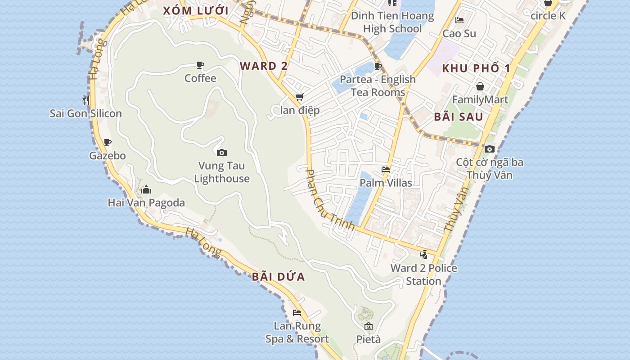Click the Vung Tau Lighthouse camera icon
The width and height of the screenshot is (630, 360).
click(221, 153)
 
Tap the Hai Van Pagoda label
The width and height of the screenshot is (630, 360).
click(146, 203)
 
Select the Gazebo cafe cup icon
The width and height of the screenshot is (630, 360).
click(108, 143)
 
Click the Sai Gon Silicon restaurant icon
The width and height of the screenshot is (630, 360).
click(85, 100)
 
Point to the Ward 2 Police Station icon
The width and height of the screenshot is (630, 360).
click(423, 255)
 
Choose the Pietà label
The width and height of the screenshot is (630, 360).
click(369, 339)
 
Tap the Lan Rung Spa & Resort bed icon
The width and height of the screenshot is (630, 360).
click(297, 312)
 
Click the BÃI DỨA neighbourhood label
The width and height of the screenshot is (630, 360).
click(279, 277)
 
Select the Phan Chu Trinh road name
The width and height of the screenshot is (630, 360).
click(330, 199)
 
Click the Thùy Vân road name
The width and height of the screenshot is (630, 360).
click(456, 209)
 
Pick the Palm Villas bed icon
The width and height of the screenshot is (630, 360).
click(386, 170)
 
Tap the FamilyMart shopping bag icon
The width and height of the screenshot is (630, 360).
click(480, 86)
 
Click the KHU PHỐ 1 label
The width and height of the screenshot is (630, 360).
click(477, 68)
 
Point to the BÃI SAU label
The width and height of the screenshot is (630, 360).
click(459, 117)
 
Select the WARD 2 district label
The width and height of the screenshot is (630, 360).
click(263, 66)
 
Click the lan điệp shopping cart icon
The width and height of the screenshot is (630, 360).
click(300, 97)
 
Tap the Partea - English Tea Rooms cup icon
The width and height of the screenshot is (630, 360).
click(378, 67)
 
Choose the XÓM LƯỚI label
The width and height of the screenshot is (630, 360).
click(196, 11)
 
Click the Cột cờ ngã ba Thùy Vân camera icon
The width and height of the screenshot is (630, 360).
click(490, 149)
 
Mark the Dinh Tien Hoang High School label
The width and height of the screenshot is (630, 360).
click(392, 22)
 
